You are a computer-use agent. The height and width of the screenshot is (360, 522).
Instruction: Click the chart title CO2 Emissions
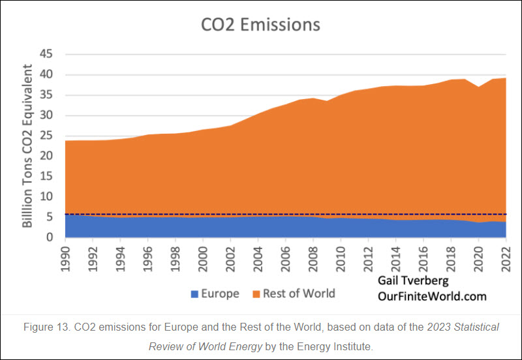(260, 25)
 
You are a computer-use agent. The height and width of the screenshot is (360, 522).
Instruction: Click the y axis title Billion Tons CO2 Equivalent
(28, 145)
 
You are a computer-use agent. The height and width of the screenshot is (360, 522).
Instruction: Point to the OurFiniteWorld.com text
(432, 296)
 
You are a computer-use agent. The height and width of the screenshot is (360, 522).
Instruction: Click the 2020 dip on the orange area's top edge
(479, 87)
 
